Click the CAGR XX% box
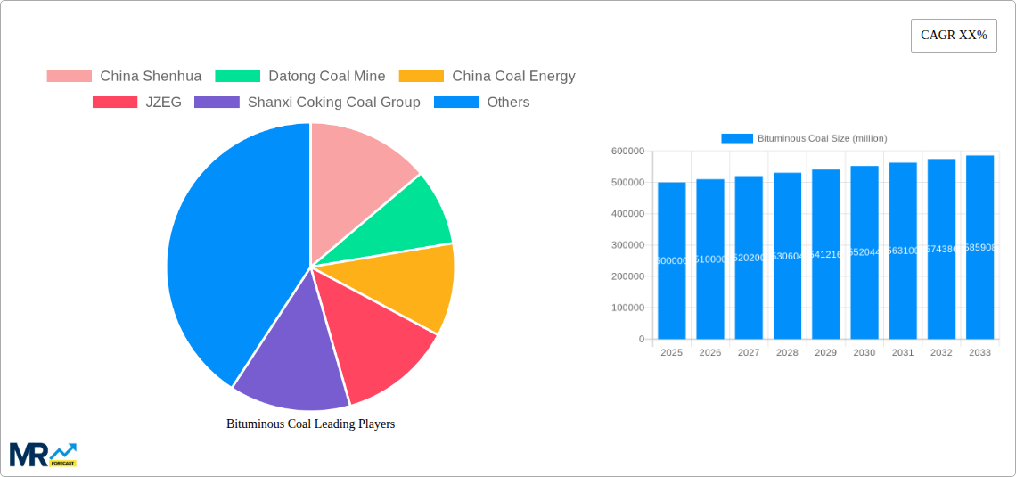coord(954,36)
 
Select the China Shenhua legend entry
coord(125,76)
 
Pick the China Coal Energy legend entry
coord(488,76)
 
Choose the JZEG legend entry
coord(137,102)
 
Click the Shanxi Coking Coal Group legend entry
coord(307,102)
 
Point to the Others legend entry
coord(482,102)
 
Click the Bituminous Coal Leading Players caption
coord(310,424)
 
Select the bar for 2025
coord(671,260)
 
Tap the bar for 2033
coord(979,247)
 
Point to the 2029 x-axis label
coord(825,352)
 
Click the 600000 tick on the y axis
coord(627,152)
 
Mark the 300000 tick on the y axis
coord(627,245)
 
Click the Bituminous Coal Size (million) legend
coord(804,138)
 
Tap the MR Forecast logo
coord(43,454)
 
